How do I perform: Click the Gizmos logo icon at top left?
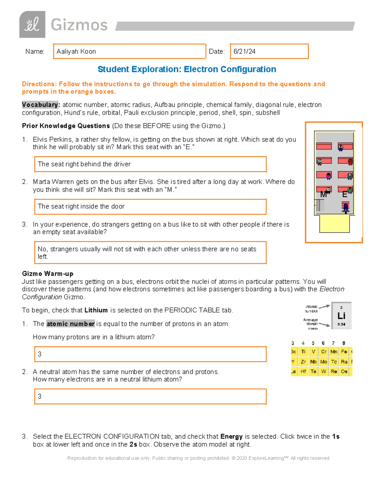tap(32, 25)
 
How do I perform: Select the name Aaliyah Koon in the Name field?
tap(76, 51)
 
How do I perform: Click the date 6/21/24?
tap(244, 51)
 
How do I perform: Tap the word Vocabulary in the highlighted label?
tap(40, 105)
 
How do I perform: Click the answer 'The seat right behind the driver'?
tap(84, 164)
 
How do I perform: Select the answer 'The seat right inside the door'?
tap(81, 206)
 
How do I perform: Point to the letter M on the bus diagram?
tap(323, 195)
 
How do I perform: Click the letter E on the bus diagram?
tap(344, 195)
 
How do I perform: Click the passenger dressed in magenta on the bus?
tap(328, 176)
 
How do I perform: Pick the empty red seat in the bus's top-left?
tap(324, 146)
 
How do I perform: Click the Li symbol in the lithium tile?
tap(341, 316)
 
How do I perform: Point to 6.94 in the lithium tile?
tap(341, 324)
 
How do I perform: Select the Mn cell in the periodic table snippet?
tap(334, 352)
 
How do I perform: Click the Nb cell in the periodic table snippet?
tap(313, 362)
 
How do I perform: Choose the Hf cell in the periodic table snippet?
tap(303, 371)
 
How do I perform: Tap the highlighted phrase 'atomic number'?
tap(70, 324)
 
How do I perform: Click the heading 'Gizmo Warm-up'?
tap(48, 274)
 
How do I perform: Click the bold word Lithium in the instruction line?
tap(96, 310)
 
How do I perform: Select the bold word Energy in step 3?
tap(231, 436)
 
